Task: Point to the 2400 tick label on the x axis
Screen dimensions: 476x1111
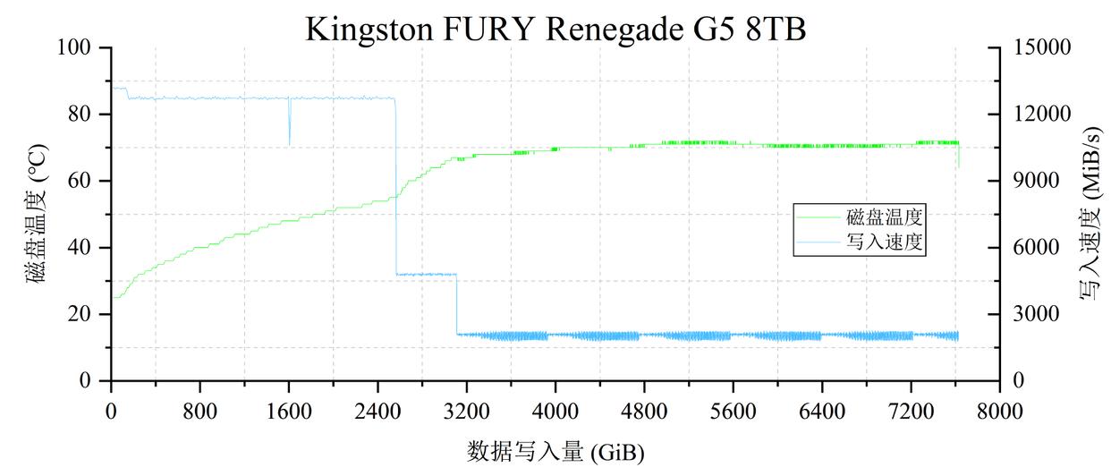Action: [x=377, y=412]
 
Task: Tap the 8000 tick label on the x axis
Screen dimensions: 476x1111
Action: [x=999, y=412]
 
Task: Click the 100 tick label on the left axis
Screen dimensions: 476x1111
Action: [x=79, y=47]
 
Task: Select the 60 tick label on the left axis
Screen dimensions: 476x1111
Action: [x=83, y=181]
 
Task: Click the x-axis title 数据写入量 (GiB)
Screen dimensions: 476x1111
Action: [x=555, y=450]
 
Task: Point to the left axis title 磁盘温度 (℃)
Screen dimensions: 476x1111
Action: [x=37, y=214]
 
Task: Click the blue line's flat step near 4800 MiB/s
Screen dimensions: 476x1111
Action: [x=426, y=274]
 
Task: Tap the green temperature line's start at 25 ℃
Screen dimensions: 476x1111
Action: [x=114, y=297]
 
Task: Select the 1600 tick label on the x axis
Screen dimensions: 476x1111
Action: [x=289, y=412]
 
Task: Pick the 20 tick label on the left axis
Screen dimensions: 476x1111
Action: [x=83, y=314]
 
